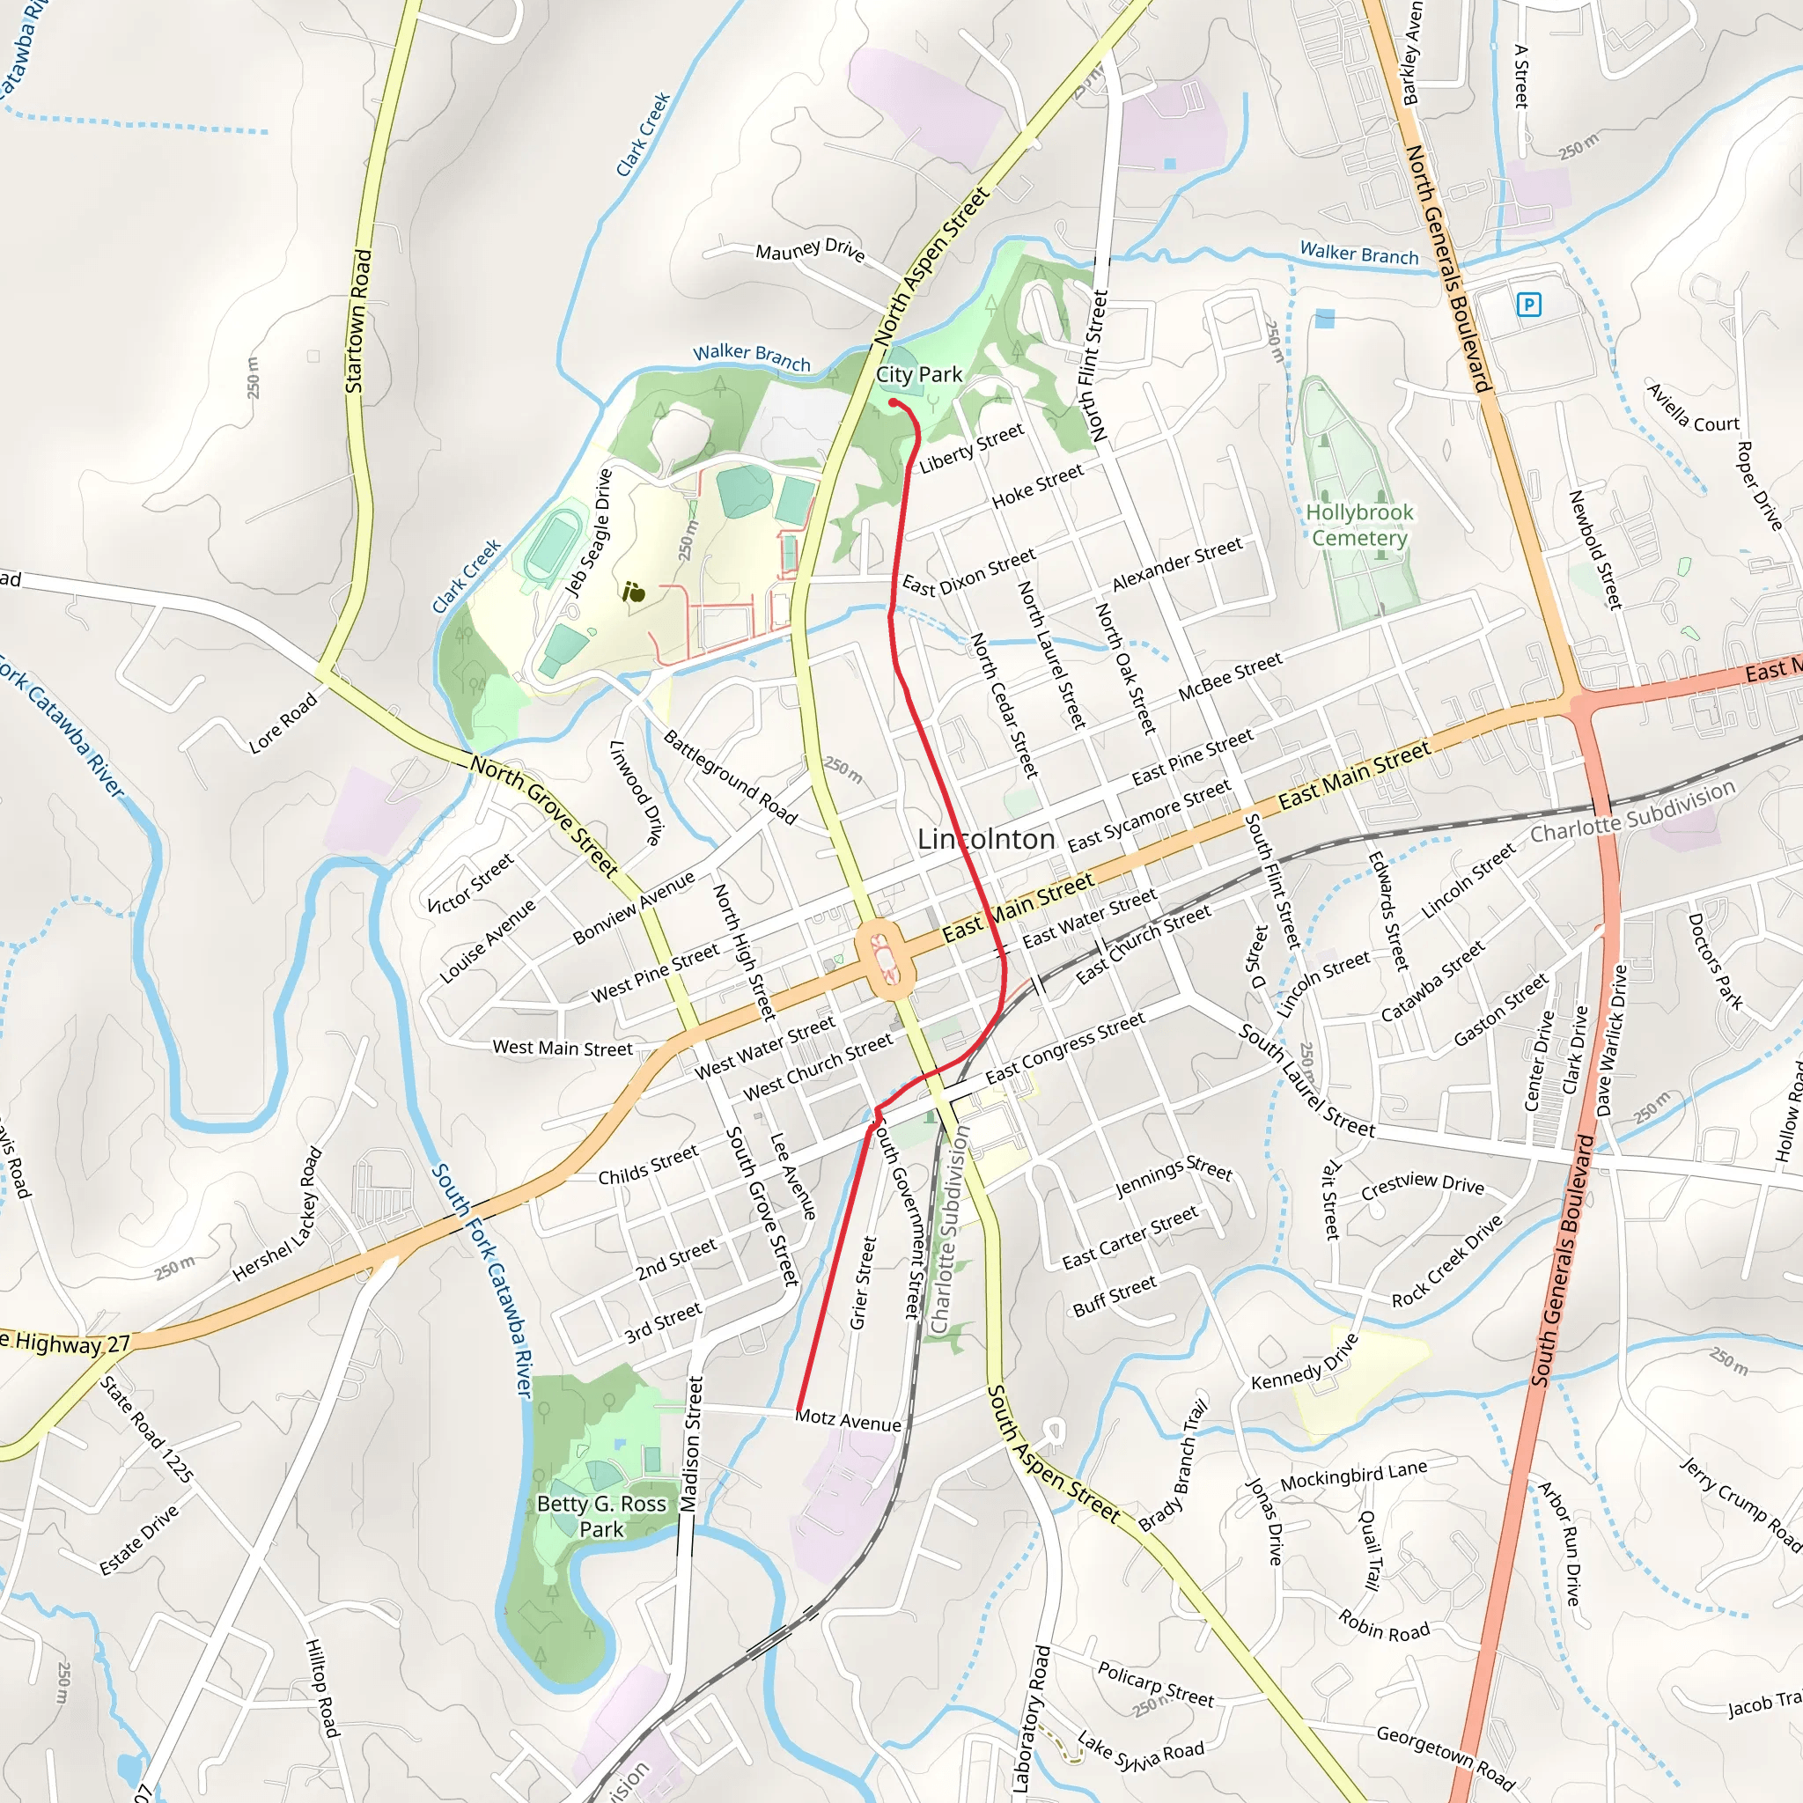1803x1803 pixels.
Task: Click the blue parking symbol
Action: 1527,305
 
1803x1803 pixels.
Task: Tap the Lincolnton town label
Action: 985,839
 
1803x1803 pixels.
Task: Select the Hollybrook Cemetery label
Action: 1358,525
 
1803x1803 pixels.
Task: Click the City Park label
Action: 918,374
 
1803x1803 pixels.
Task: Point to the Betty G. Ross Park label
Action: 601,1516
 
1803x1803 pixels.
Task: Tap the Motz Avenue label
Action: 849,1419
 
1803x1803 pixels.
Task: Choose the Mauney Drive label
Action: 810,250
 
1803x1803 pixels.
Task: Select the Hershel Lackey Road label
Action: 277,1213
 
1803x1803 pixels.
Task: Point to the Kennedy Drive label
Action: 1305,1362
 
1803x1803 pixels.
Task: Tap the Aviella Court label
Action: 1692,408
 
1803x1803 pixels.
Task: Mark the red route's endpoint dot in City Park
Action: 893,402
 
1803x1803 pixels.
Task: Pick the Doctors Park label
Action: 1714,961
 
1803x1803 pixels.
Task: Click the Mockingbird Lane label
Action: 1353,1476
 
